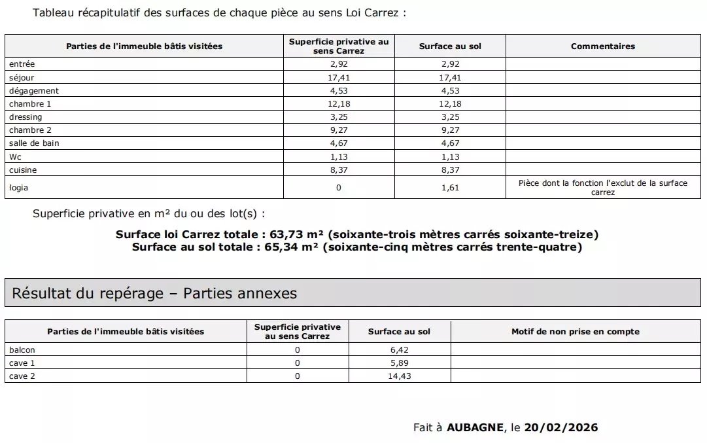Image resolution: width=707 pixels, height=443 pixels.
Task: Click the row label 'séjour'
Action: pos(22,78)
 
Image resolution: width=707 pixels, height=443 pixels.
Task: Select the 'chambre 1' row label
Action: pos(30,104)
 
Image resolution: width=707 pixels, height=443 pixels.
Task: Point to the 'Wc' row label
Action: pos(15,156)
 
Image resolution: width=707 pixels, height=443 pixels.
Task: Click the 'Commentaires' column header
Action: pos(602,46)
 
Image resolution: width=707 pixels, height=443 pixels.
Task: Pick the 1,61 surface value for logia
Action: pos(450,188)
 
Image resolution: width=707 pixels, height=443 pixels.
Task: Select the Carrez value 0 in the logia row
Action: pos(338,188)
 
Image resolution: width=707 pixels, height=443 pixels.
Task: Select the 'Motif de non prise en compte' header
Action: pos(575,332)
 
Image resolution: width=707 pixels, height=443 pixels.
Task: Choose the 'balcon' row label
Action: pos(22,350)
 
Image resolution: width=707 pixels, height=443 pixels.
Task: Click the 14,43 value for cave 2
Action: pos(399,376)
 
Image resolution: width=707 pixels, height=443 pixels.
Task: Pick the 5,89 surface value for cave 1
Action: pos(399,363)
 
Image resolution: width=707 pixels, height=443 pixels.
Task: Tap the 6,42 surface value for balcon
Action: pos(399,350)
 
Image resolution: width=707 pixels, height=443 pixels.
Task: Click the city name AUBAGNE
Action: pos(475,428)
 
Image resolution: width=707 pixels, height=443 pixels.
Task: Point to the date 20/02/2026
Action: pos(561,428)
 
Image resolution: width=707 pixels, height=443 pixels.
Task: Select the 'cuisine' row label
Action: pos(23,170)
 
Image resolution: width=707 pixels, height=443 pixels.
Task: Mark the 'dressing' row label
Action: pos(26,117)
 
